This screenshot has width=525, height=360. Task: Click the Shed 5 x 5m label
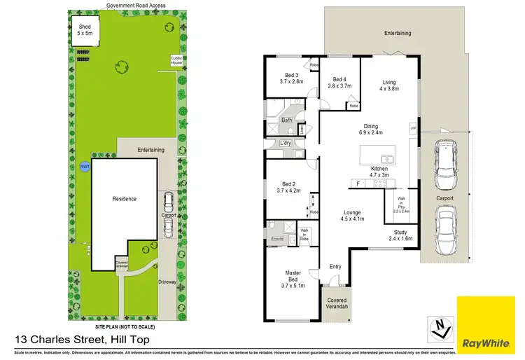coord(85,30)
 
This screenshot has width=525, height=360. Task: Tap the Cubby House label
coord(176,61)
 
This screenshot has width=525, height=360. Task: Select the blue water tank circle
coord(85,167)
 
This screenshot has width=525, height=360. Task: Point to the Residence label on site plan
coord(125,199)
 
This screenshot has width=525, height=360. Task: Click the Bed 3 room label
coord(292,78)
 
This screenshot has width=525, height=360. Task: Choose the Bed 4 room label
coord(340,83)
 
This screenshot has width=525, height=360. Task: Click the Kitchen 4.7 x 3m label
coord(379,173)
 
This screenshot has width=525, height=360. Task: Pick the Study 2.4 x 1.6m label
coord(400,235)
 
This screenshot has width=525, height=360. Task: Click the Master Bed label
coord(293,277)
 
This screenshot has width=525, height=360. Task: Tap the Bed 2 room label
coord(288,187)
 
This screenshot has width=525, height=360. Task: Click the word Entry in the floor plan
coord(336,266)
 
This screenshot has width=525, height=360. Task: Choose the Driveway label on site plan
coord(167,282)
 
